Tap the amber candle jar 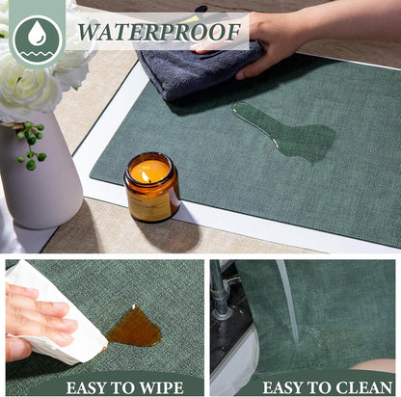pos(151,187)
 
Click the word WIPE pos(158,387)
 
